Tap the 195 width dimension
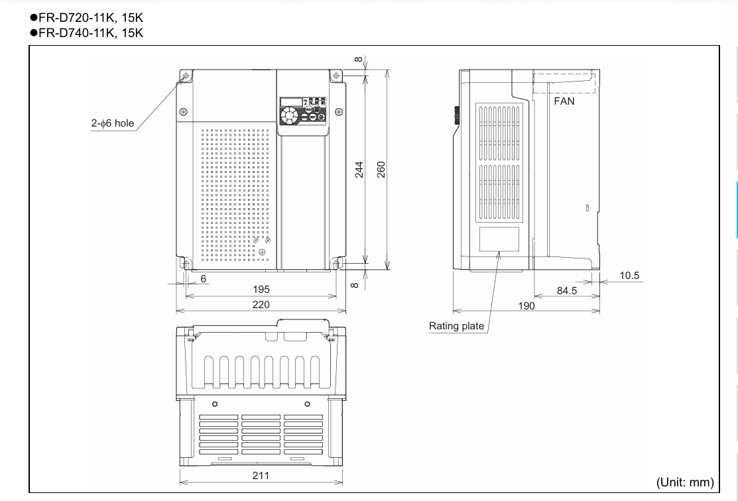pyautogui.click(x=261, y=290)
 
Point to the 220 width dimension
pyautogui.click(x=261, y=305)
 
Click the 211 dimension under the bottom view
pyautogui.click(x=261, y=475)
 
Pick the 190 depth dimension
pyautogui.click(x=526, y=306)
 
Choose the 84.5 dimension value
pyautogui.click(x=566, y=290)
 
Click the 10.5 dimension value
pyautogui.click(x=629, y=276)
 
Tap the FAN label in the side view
pyautogui.click(x=564, y=101)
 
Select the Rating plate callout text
pyautogui.click(x=456, y=326)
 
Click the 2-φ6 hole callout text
pyautogui.click(x=113, y=123)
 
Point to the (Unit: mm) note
pyautogui.click(x=685, y=482)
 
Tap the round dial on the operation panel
pyautogui.click(x=290, y=116)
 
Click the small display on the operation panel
pyautogui.click(x=290, y=101)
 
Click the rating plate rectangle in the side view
pyautogui.click(x=499, y=239)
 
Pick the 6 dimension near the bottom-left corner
pyautogui.click(x=203, y=279)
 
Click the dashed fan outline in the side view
pyautogui.click(x=564, y=83)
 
